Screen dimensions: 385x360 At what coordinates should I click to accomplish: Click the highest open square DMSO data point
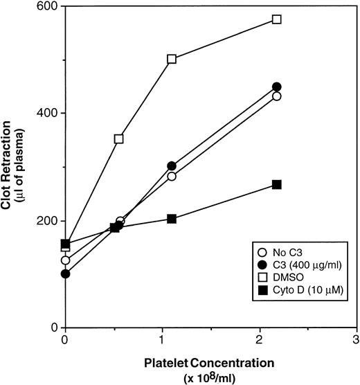coord(277,19)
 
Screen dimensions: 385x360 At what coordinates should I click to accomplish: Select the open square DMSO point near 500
coord(172,59)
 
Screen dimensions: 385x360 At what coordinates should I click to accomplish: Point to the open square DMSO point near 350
coord(118,138)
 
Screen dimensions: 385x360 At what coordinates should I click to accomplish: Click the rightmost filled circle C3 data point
coord(277,87)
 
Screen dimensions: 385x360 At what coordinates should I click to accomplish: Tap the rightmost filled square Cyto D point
coord(277,184)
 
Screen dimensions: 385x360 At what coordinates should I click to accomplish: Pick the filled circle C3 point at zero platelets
coord(65,274)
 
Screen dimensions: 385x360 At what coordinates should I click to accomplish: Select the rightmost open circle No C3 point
coord(277,96)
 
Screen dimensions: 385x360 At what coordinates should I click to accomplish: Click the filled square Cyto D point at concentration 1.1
coord(172,219)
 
